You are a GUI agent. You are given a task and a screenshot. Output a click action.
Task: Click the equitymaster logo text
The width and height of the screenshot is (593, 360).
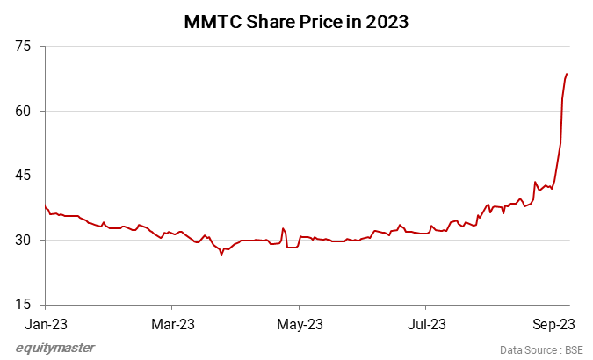click(x=55, y=348)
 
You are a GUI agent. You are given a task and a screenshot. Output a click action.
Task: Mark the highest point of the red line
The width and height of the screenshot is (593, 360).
click(x=567, y=74)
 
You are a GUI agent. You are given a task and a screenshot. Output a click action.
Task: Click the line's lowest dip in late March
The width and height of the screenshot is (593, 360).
click(x=221, y=255)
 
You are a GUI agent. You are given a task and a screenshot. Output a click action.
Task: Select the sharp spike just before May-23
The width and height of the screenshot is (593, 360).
click(x=283, y=228)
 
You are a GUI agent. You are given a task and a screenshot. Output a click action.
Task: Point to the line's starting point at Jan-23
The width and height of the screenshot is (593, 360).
click(x=45, y=206)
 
